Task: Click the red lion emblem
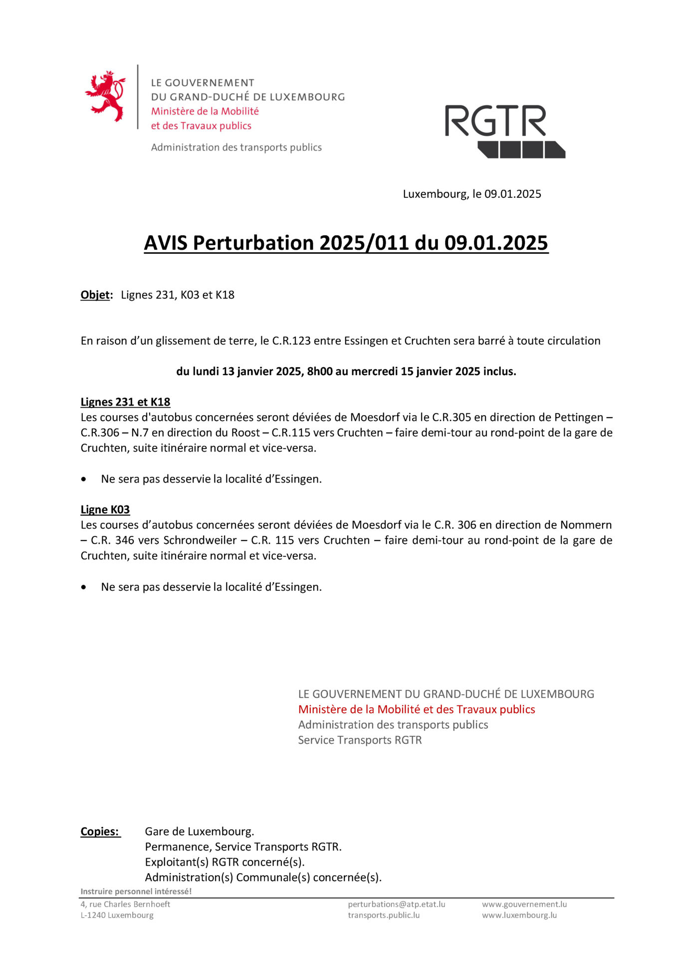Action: [x=105, y=96]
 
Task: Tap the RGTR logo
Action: [x=504, y=131]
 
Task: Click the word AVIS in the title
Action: [x=166, y=243]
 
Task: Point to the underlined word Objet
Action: [x=95, y=295]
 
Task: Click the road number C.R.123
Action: [x=291, y=341]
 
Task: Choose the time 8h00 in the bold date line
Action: [x=320, y=372]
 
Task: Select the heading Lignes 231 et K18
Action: [x=125, y=402]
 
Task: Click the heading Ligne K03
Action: [x=105, y=510]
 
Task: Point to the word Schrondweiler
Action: [x=200, y=540]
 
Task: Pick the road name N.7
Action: [x=140, y=433]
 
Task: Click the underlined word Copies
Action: [x=100, y=832]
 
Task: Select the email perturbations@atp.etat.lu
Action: [x=397, y=904]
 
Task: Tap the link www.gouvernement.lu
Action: [x=524, y=904]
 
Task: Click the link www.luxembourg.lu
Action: [x=519, y=915]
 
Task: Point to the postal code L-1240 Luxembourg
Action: [x=117, y=915]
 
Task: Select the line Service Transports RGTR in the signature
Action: [x=360, y=740]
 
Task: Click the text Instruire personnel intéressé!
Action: [x=136, y=892]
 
